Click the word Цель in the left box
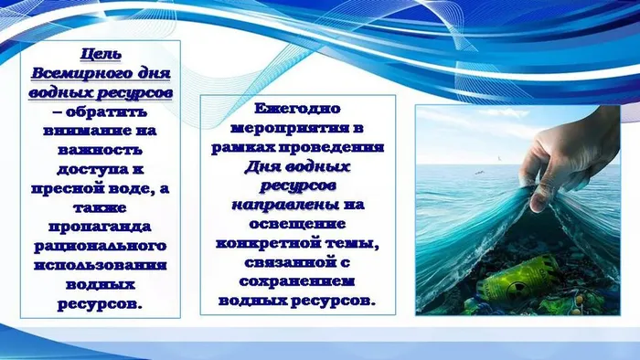(x=101, y=54)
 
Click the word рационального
(x=101, y=247)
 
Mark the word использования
(x=101, y=266)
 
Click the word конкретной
(x=278, y=242)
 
